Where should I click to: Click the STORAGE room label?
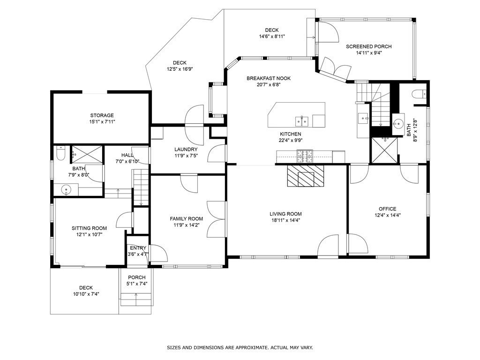pos(102,115)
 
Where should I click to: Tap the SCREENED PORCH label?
pos(368,46)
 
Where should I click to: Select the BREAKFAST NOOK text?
pos(269,78)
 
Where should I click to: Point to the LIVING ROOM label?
pos(285,214)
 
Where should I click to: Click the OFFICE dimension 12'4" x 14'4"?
pos(388,215)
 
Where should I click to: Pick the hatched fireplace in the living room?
pos(305,176)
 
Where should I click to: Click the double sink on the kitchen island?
pos(302,121)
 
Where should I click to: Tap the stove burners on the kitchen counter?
pos(305,157)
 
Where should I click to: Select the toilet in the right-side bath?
pos(419,94)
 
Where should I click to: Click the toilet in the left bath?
pos(60,153)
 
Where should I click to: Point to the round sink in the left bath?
pos(66,190)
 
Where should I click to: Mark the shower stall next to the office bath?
pos(384,150)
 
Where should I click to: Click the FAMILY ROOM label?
pos(187,218)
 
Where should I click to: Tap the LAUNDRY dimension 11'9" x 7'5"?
pos(186,156)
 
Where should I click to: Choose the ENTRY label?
pos(138,248)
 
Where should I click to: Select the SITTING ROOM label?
pos(90,228)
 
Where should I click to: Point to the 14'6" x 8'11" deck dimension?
pos(272,37)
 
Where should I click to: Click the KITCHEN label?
pos(291,134)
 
